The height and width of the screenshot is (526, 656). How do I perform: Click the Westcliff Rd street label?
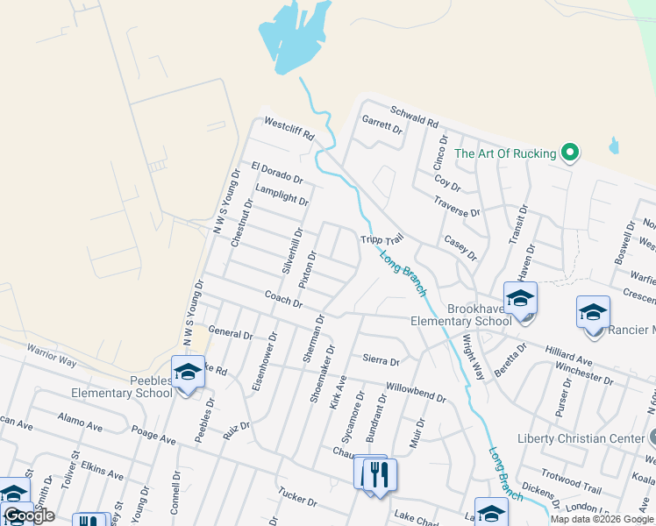pos(289,130)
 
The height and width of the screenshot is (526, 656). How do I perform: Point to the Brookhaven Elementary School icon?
pos(520,299)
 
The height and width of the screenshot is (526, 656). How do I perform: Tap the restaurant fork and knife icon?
pos(379,474)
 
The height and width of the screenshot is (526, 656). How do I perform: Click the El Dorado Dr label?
pos(276,172)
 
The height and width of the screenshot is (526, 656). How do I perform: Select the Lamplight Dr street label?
pos(282,195)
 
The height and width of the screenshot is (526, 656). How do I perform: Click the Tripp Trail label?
pos(381,239)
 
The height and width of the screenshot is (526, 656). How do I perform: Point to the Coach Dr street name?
pos(283,299)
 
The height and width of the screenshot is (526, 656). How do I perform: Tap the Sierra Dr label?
pos(381,360)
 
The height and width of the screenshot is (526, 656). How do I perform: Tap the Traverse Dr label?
pos(456,207)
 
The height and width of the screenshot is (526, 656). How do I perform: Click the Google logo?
pos(29,515)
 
